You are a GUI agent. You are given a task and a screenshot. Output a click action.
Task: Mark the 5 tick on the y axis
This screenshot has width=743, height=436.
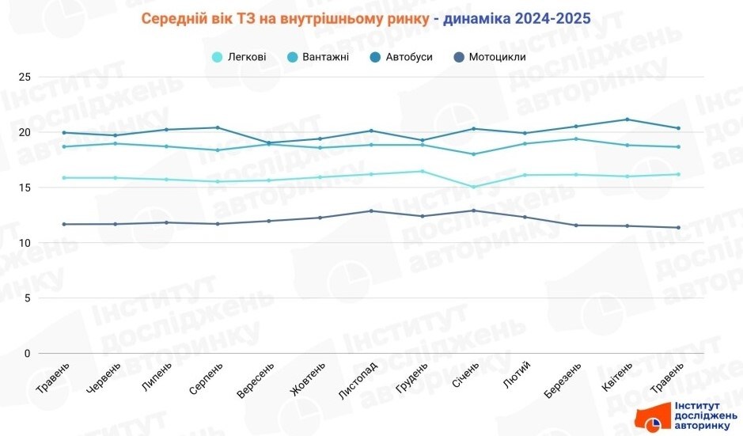[x=27, y=298]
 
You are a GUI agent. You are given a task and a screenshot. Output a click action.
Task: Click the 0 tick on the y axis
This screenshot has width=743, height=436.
[x=27, y=354]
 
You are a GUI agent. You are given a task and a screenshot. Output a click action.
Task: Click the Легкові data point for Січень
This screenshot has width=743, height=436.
[x=474, y=188]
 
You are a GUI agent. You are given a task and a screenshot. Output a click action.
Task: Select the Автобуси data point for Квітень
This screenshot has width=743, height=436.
[x=627, y=119]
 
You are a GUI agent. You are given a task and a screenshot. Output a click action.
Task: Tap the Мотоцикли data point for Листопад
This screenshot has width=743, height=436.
[x=371, y=210]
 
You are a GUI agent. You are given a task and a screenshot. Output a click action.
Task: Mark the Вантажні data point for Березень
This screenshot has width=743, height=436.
[x=576, y=139]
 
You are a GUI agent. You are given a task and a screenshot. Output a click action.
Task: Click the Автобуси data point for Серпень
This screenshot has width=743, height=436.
[x=218, y=127]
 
